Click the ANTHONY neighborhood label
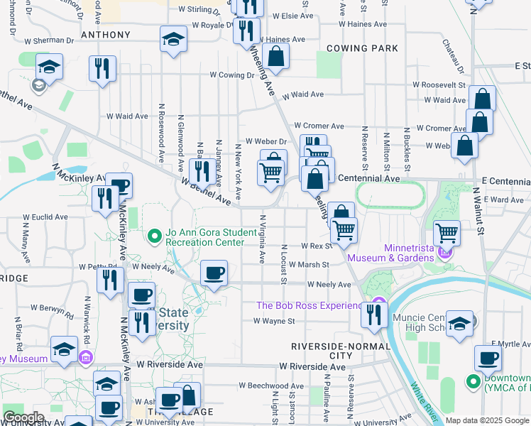point(106,35)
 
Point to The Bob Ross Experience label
point(310,305)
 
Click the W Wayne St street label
point(275,321)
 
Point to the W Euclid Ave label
point(45,217)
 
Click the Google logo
point(23,417)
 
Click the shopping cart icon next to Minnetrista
point(447,232)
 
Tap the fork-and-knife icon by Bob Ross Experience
point(374,313)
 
